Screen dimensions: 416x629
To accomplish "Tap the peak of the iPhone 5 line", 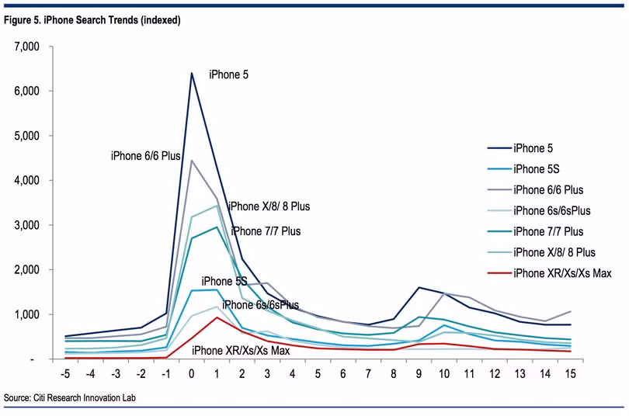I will click(x=192, y=73).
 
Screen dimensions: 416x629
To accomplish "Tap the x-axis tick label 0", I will click(x=192, y=373).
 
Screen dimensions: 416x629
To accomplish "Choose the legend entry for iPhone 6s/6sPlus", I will click(x=553, y=210).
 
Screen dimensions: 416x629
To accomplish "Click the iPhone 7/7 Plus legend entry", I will click(x=549, y=231).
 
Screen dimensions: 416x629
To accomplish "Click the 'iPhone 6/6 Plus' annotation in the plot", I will click(x=146, y=156).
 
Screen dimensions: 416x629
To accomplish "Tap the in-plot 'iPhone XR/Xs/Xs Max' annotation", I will click(x=241, y=351).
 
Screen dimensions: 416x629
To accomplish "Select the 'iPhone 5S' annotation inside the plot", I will click(x=224, y=281).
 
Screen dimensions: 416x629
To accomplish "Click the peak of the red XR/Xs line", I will click(x=217, y=317).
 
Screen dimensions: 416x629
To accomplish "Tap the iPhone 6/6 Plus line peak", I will click(x=192, y=160).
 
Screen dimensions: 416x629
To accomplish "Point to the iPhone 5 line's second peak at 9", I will click(x=419, y=287).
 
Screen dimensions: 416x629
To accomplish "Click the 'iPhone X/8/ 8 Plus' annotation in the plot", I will click(x=269, y=207).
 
